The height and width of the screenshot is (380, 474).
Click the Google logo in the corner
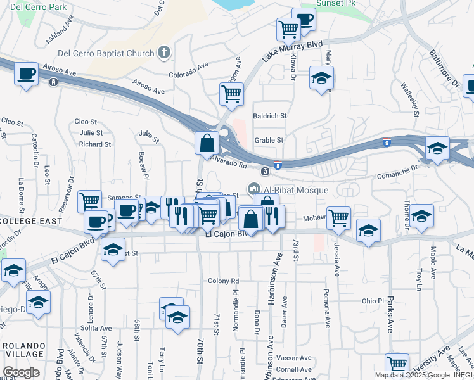(x=21, y=372)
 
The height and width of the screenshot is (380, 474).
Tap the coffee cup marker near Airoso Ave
(x=26, y=74)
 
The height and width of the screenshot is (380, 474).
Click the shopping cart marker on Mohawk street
(x=339, y=217)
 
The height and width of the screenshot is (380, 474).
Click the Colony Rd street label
(x=223, y=281)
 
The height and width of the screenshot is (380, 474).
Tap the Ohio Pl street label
(x=373, y=301)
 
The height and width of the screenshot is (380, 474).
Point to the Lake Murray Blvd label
(x=292, y=51)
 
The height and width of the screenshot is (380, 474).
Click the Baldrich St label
(x=270, y=116)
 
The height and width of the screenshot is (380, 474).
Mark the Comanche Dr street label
(x=399, y=170)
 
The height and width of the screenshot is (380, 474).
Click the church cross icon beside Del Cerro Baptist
(x=164, y=53)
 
